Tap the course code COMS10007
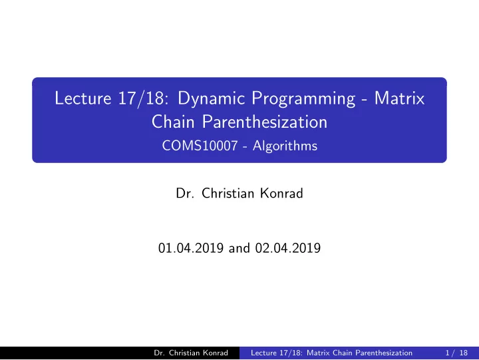point(200,146)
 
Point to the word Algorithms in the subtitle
point(285,146)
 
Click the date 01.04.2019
point(191,248)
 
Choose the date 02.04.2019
point(288,248)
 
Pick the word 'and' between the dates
point(239,248)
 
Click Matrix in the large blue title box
point(400,98)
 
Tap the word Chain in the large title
point(173,122)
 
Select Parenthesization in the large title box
point(265,122)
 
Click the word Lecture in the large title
point(82,98)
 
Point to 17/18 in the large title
point(143,98)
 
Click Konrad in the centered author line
point(281,193)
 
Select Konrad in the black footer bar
point(216,353)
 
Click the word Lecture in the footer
point(263,353)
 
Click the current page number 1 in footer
point(447,353)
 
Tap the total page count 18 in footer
point(464,353)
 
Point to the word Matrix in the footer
point(318,353)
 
